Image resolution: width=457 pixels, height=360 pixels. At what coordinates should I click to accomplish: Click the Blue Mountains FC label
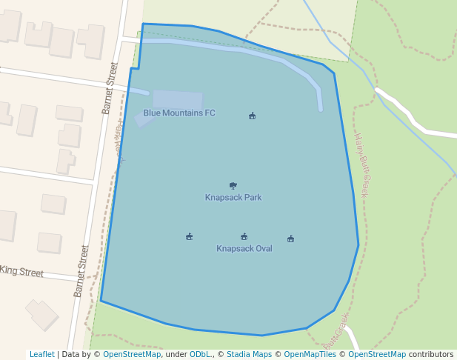[179, 113]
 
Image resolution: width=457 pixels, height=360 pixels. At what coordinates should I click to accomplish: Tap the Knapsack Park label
[233, 198]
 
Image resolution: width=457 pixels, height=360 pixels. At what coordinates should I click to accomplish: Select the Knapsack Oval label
[244, 249]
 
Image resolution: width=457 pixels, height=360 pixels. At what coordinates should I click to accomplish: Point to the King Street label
[21, 272]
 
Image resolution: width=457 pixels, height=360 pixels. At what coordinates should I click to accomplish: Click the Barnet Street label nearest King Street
[81, 271]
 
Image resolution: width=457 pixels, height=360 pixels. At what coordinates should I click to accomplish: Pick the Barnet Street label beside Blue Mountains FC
[110, 88]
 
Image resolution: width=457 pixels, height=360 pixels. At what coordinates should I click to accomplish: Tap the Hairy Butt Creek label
[361, 164]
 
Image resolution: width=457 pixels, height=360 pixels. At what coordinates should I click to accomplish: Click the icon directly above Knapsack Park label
[233, 186]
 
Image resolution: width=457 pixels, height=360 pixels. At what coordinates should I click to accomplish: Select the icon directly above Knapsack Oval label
[244, 237]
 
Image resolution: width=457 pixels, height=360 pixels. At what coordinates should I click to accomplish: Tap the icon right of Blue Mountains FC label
[252, 116]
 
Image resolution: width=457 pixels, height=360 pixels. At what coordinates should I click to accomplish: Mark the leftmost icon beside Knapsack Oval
[190, 237]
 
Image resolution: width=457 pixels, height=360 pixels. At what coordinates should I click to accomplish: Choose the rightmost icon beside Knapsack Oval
[290, 239]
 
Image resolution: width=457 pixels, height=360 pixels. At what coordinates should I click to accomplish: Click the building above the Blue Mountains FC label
[178, 99]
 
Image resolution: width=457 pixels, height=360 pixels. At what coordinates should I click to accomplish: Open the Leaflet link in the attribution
[42, 355]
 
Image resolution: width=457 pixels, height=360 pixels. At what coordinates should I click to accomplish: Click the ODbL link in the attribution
[198, 355]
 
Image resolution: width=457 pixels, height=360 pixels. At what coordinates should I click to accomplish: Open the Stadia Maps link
[249, 355]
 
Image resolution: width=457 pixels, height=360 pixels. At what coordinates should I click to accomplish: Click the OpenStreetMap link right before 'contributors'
[377, 355]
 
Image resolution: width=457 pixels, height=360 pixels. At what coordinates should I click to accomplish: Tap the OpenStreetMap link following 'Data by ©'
[132, 355]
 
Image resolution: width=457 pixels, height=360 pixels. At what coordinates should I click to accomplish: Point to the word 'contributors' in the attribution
[431, 355]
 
